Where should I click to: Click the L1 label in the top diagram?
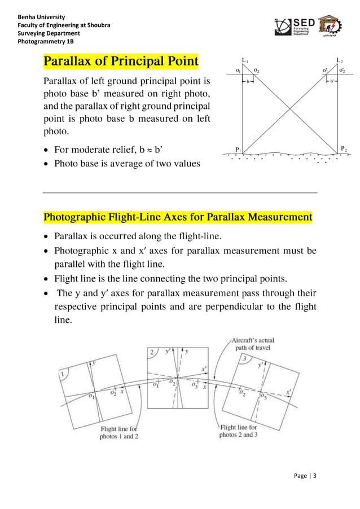244,60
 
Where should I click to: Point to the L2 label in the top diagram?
339,60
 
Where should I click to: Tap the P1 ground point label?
239,150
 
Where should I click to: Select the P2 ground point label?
344,149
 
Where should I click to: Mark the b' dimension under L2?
332,81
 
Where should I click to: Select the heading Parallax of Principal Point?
121,60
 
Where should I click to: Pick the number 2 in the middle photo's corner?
151,353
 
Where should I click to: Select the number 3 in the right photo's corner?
244,358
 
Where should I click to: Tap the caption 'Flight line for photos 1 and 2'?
119,433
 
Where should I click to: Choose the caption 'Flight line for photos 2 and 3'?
238,431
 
